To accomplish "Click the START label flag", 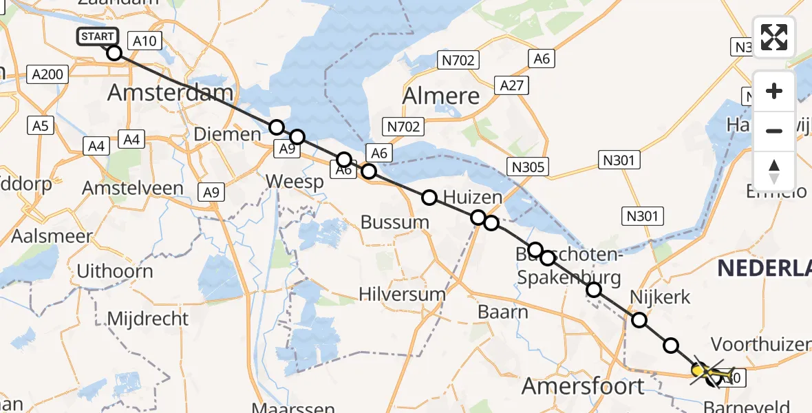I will [x=98, y=36].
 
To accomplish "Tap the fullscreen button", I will [x=774, y=37].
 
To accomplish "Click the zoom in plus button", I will [x=774, y=91].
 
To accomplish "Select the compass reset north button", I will [x=774, y=171].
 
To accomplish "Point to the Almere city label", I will [x=441, y=96].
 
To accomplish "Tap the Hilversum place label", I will [x=403, y=294].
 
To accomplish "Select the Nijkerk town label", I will [x=660, y=297].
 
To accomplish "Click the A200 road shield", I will [x=48, y=74].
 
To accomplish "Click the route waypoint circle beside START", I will [x=114, y=53].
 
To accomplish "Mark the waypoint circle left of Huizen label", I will [x=429, y=198].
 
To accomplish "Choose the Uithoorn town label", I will [x=115, y=271].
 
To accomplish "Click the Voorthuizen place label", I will [x=760, y=344].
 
